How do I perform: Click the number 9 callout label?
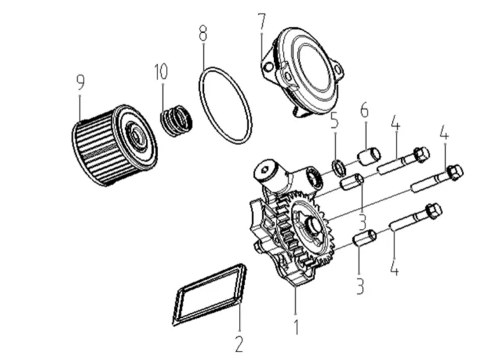coord(80,83)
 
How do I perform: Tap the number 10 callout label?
coord(162,72)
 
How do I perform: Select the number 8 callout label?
coord(203,33)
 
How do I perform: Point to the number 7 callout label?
coord(261,22)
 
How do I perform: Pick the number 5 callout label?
coord(335,120)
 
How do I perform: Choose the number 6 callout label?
coord(364,110)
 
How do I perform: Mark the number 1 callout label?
coord(296,326)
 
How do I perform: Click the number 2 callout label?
coord(239,344)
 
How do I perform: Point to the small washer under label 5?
coord(337,167)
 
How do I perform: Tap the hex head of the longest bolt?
coord(455,171)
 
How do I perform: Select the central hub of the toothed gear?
coord(310,225)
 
